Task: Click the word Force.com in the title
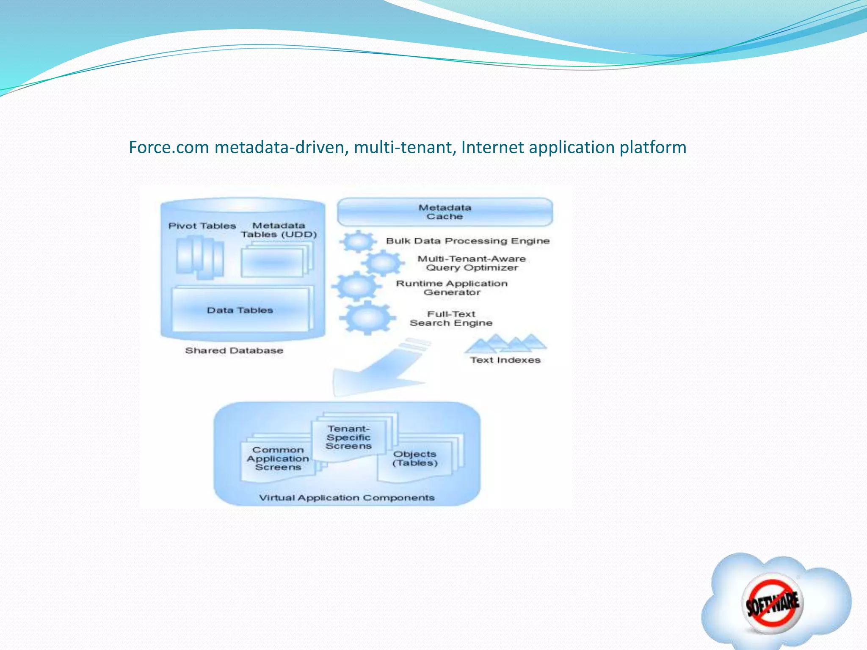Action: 169,147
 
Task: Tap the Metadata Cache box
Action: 445,212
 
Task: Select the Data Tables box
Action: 240,310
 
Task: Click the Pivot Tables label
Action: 202,226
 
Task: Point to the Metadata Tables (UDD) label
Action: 279,230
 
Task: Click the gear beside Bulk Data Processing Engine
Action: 358,242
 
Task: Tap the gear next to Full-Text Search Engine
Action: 367,317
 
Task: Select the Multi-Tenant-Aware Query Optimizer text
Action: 472,263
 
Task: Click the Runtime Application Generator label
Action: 452,288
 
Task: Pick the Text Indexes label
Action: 505,360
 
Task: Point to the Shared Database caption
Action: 234,350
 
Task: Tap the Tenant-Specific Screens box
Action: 348,438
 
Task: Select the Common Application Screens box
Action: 278,459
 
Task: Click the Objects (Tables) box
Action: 415,459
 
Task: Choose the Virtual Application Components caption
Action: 347,498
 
